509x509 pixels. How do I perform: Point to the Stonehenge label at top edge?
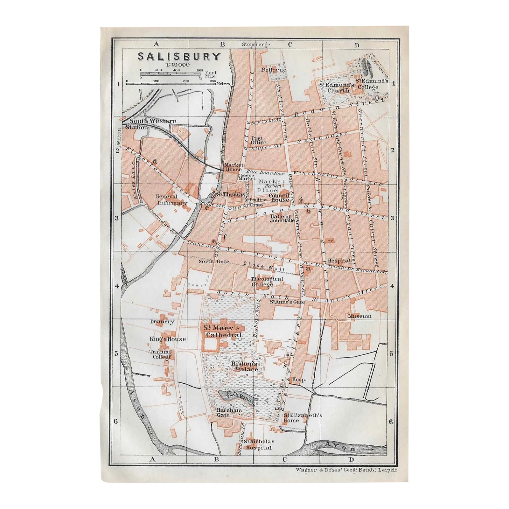click(x=256, y=45)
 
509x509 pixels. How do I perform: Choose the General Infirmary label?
click(x=167, y=199)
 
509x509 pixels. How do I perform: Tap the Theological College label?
click(x=262, y=282)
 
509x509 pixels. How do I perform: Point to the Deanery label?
click(x=162, y=322)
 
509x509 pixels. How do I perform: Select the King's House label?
click(x=168, y=339)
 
